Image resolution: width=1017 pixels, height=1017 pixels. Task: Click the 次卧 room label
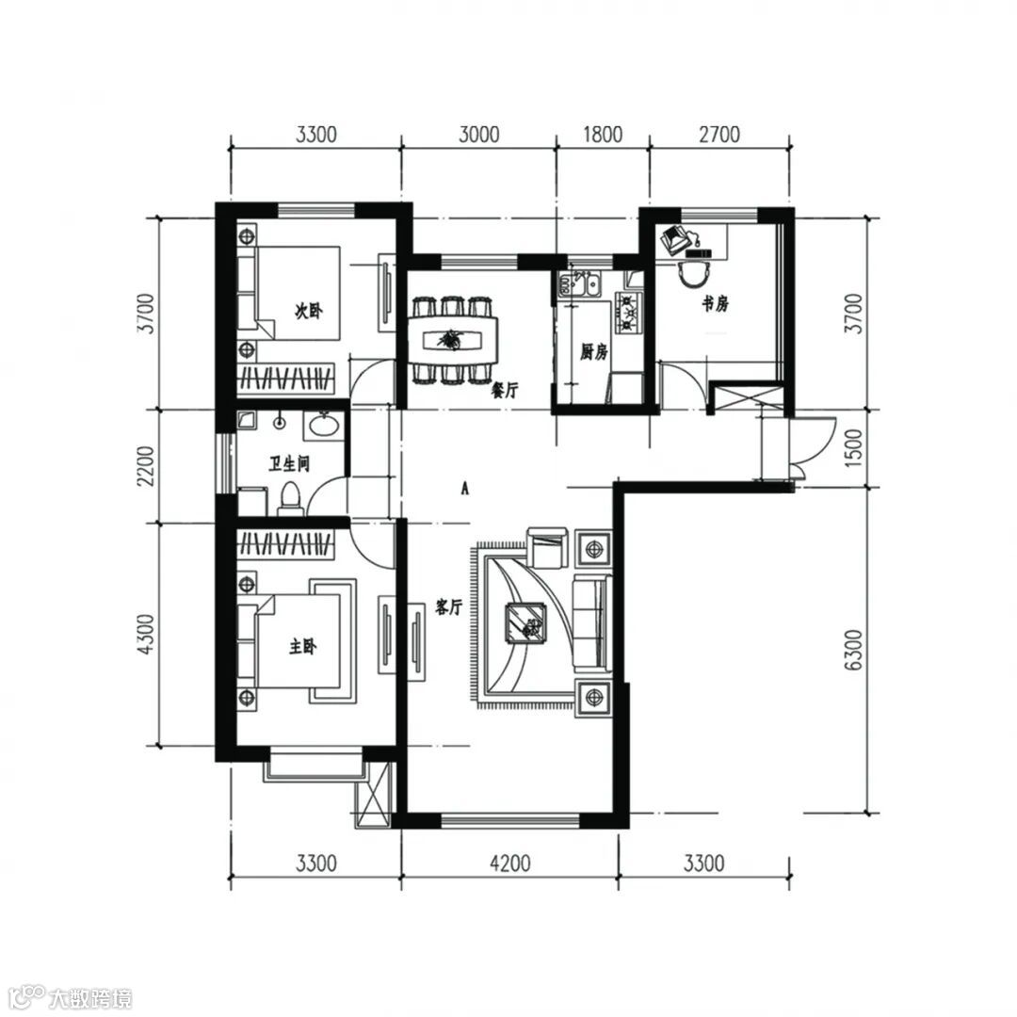(308, 312)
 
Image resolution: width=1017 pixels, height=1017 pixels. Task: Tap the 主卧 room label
(302, 647)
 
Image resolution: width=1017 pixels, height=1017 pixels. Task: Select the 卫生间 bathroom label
(289, 463)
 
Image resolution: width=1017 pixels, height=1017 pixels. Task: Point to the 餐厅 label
(506, 391)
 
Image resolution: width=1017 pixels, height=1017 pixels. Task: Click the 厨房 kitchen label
(593, 352)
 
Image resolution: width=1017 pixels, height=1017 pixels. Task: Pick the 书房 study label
(716, 303)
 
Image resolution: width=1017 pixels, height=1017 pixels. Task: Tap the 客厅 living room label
(448, 607)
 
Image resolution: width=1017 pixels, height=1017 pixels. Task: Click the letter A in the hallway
(464, 488)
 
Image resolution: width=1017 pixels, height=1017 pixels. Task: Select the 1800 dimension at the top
(603, 135)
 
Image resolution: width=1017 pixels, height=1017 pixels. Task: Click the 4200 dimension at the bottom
(509, 864)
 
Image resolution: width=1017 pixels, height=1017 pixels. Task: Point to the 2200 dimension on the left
(147, 466)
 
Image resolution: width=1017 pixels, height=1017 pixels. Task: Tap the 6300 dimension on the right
(854, 650)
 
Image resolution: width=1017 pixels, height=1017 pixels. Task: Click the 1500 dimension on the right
(854, 448)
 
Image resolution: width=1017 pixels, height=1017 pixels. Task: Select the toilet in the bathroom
(290, 499)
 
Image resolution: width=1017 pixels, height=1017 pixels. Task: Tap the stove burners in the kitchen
(628, 313)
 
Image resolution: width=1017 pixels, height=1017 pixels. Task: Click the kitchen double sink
(579, 283)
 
